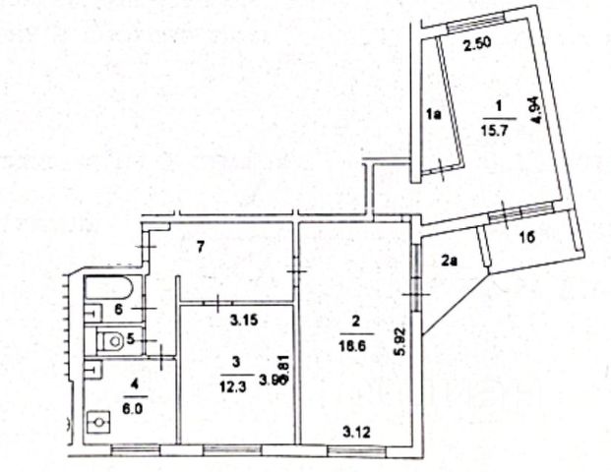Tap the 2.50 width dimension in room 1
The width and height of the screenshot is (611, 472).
[x=476, y=43]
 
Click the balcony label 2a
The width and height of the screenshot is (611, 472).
[x=450, y=261]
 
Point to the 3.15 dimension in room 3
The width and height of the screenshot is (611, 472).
[x=244, y=320]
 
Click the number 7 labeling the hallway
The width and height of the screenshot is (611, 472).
[x=199, y=246]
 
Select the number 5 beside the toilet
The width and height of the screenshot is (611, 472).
[x=141, y=342]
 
